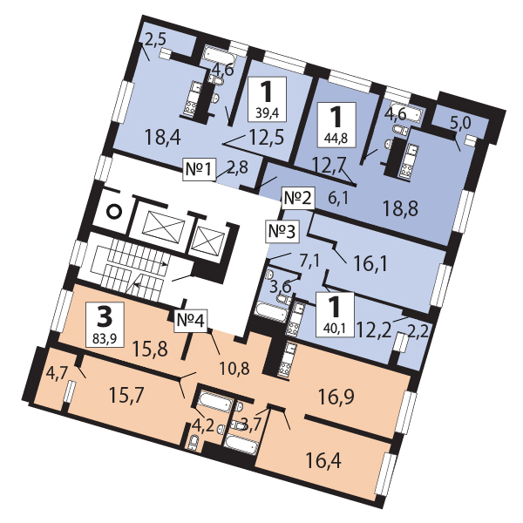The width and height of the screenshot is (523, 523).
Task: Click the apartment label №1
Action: pyautogui.click(x=199, y=169)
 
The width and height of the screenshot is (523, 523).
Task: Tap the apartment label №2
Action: pyautogui.click(x=298, y=199)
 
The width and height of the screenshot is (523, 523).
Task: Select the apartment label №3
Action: pyautogui.click(x=282, y=231)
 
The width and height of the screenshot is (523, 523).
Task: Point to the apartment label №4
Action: pyautogui.click(x=191, y=321)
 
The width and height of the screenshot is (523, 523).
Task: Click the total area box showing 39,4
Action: pyautogui.click(x=267, y=99)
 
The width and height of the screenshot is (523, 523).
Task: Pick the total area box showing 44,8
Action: pyautogui.click(x=336, y=125)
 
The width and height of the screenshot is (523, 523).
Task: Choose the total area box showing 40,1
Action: pyautogui.click(x=335, y=315)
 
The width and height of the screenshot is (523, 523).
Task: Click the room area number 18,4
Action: pyautogui.click(x=163, y=138)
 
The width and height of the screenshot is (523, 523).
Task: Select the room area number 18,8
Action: pyautogui.click(x=400, y=208)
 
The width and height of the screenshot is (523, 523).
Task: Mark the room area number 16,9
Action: pyautogui.click(x=336, y=397)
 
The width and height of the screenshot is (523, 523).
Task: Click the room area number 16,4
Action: pyautogui.click(x=323, y=461)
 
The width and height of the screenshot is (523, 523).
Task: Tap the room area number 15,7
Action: pyautogui.click(x=127, y=396)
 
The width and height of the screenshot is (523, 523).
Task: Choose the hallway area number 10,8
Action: pyautogui.click(x=234, y=369)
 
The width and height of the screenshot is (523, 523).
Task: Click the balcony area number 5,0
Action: pyautogui.click(x=460, y=124)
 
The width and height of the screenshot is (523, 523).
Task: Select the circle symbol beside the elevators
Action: pyautogui.click(x=113, y=212)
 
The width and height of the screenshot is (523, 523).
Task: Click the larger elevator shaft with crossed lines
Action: pyautogui.click(x=164, y=227)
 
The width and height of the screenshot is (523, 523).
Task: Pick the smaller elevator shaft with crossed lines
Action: pyautogui.click(x=209, y=241)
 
